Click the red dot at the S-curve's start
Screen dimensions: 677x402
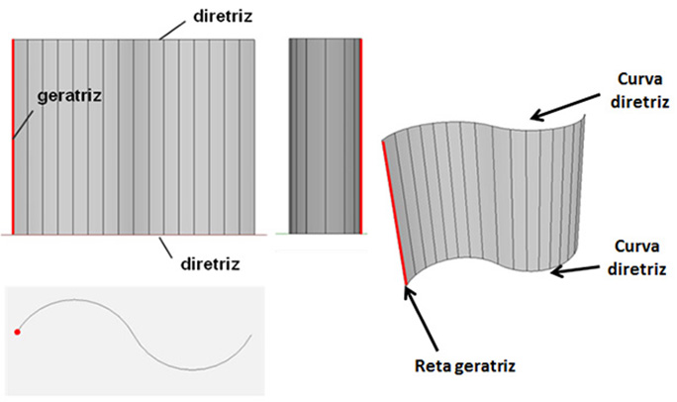point(18,333)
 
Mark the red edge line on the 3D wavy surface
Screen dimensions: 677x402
point(394,212)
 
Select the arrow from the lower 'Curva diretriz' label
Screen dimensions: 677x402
point(584,262)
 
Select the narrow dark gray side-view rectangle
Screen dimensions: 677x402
point(324,135)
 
